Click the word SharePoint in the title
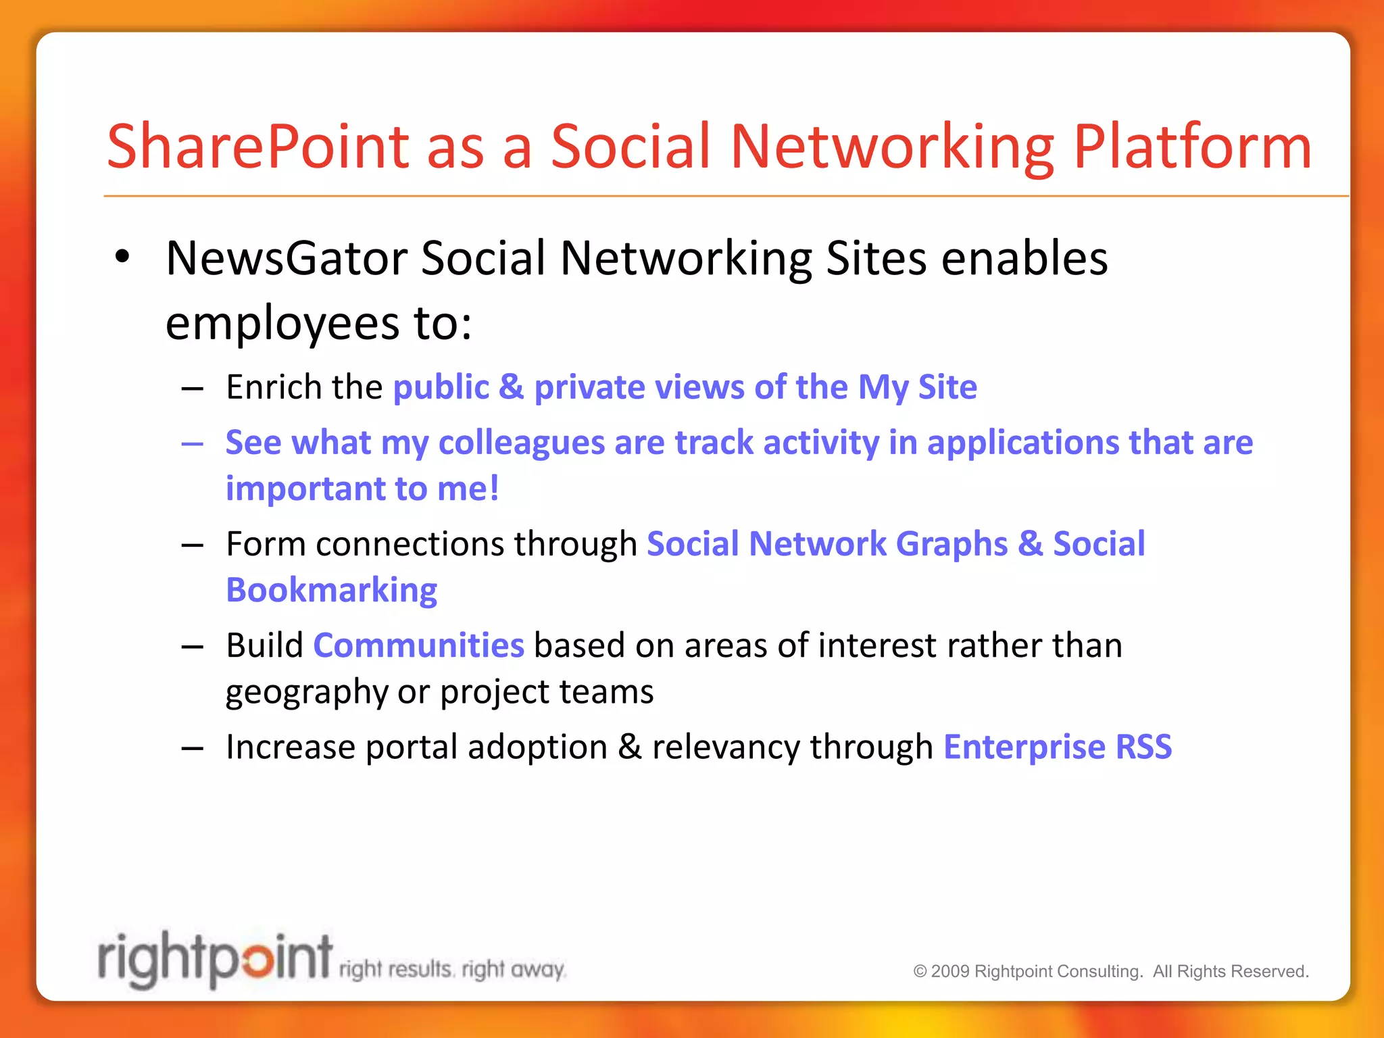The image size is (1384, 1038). point(258,147)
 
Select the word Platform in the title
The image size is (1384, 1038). point(1192,147)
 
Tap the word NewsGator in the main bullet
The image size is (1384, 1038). point(287,258)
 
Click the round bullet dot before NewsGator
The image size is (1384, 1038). point(122,257)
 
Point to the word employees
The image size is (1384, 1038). point(282,323)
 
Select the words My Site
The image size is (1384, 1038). point(917,387)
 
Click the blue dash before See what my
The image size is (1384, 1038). point(193,444)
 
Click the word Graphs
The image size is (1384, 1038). point(951,544)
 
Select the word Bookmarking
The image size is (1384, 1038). point(331,590)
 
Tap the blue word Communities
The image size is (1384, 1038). point(418,645)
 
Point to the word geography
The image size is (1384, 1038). point(306,692)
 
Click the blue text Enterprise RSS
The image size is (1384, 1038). point(1057,747)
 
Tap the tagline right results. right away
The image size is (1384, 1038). point(451,970)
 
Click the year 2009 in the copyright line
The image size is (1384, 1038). point(951,971)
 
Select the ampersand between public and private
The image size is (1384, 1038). point(512,387)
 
